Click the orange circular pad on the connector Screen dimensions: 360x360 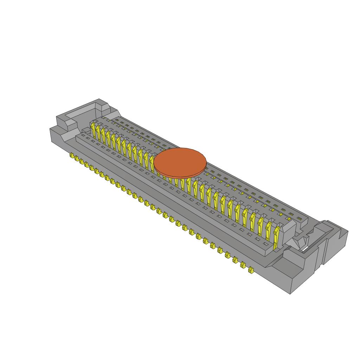(180, 161)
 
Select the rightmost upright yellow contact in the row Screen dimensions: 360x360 (277, 235)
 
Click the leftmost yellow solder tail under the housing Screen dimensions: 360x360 (71, 155)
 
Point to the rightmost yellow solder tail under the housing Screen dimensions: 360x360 (251, 270)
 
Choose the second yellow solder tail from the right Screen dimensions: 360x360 (243, 265)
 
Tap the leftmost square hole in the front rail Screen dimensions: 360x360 (83, 135)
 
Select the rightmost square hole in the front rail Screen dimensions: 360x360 (266, 244)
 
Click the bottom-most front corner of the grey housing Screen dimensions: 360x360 (290, 293)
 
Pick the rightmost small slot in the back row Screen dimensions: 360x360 (299, 218)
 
